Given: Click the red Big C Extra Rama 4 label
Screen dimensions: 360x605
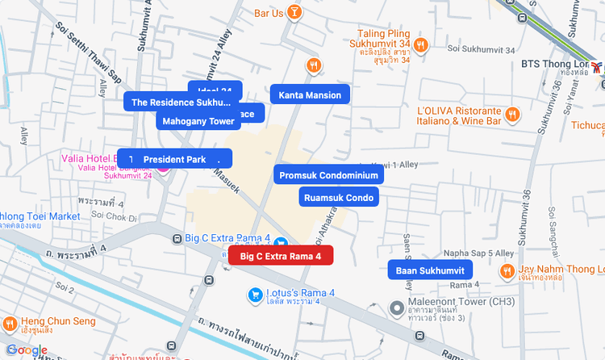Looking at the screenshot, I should click(281, 256).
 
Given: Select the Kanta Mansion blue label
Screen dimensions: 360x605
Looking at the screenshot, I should click(310, 95).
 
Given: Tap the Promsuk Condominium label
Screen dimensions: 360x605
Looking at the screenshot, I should click(328, 174).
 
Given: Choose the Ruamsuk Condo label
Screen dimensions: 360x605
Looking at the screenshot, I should click(339, 197).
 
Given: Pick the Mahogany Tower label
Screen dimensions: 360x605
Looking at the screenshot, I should click(198, 121).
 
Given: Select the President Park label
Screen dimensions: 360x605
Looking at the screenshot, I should click(174, 159).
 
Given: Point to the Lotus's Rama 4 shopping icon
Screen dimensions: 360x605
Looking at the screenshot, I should click(255, 294).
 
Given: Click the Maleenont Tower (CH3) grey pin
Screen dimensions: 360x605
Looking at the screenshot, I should click(396, 308).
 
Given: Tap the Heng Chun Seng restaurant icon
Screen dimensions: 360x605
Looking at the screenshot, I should click(10, 324).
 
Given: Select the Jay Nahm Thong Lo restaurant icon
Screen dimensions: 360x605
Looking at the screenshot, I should click(507, 272).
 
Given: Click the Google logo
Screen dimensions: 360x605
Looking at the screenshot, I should click(27, 350).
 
